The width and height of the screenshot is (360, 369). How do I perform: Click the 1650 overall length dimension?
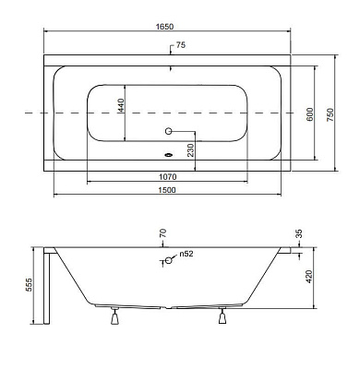[164, 27]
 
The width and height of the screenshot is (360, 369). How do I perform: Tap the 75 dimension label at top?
[181, 45]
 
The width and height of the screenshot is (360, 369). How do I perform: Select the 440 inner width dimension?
[120, 105]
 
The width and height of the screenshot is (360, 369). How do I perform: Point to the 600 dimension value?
[309, 114]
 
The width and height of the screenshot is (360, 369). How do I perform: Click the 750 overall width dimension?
[330, 114]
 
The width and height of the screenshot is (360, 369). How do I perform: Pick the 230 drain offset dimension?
[191, 150]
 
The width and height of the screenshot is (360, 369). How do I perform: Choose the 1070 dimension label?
[168, 177]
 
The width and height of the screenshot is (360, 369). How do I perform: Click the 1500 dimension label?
[167, 190]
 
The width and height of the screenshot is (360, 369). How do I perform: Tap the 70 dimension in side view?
[163, 232]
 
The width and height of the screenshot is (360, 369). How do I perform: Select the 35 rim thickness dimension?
[298, 234]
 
